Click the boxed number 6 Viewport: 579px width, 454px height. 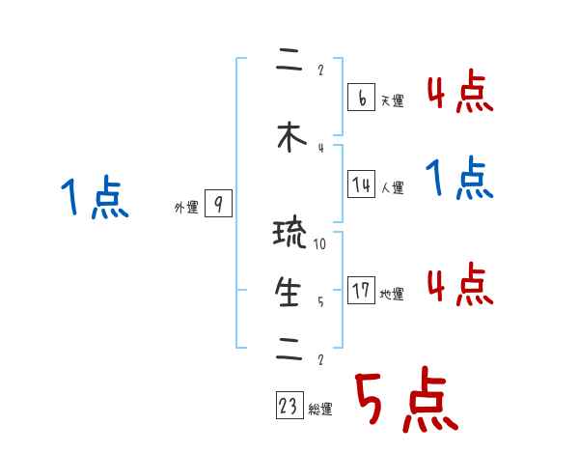pos(361,97)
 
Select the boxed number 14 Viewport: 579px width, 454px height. pos(361,184)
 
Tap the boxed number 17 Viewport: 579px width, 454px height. pos(361,291)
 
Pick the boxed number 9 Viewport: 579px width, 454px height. pos(219,204)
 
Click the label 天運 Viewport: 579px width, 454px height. pos(392,100)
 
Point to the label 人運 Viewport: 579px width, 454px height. pos(392,188)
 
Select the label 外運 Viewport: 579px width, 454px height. pos(186,208)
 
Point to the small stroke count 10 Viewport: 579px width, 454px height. pos(320,244)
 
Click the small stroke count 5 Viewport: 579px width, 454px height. pos(320,301)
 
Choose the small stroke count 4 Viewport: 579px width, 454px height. pos(320,148)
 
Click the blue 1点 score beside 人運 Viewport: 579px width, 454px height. pos(459,179)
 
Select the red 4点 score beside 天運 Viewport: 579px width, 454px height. pos(459,94)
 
